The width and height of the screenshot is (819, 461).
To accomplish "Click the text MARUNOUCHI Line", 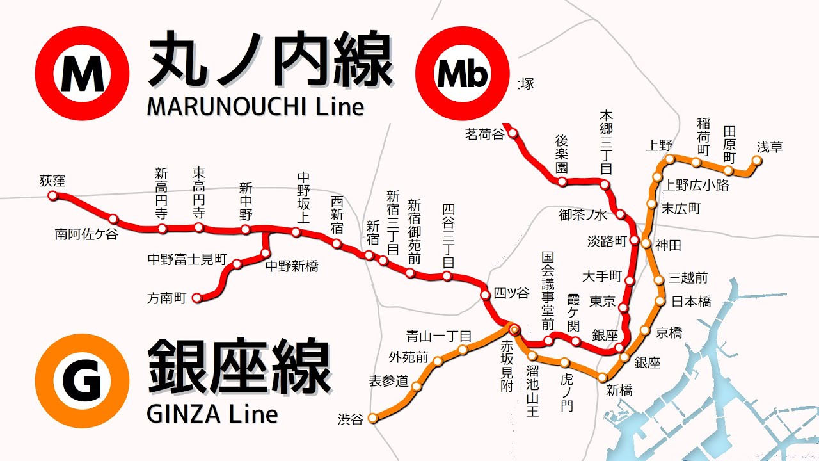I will (255, 106).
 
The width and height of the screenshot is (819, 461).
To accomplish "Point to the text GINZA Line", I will (212, 414).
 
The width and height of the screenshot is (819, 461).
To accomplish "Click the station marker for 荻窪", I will (53, 196).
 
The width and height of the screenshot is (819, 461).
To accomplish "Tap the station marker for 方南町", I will (197, 298).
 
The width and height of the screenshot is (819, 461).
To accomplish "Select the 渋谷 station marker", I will (372, 419).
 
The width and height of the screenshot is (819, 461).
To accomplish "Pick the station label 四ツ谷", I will (512, 294).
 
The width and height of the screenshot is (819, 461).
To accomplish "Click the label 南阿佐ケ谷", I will (86, 235).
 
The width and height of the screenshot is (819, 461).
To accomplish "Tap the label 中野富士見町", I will (187, 260).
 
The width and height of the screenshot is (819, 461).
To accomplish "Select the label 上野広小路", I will (696, 186).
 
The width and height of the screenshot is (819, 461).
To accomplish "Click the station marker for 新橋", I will (602, 378).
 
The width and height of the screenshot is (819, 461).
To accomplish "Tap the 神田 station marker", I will (646, 244).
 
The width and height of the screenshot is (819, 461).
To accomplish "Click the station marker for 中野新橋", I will (266, 254).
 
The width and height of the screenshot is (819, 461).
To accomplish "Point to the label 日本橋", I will (691, 302).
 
